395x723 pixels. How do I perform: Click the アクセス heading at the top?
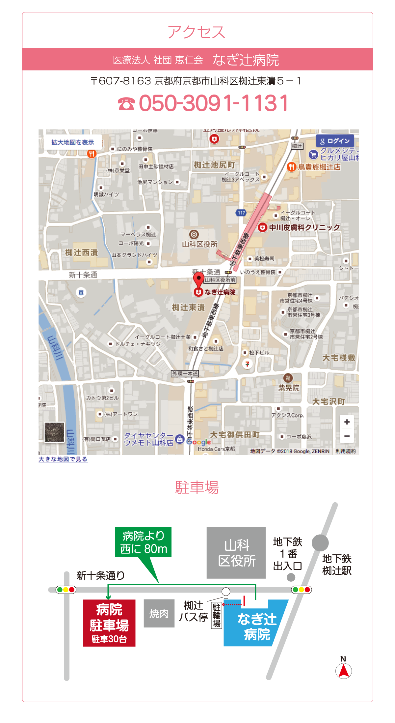(x=197, y=32)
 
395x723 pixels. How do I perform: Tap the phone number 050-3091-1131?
(x=203, y=103)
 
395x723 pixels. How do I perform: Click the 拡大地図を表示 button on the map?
(x=73, y=142)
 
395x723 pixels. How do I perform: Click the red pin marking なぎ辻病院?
(x=198, y=281)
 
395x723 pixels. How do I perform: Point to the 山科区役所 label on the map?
(x=199, y=244)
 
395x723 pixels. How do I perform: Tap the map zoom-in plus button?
(x=347, y=422)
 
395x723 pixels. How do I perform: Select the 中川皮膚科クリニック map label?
(x=304, y=227)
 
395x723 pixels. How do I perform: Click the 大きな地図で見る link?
(x=63, y=459)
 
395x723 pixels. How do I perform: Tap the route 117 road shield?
(x=241, y=213)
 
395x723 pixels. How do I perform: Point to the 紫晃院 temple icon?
(x=288, y=378)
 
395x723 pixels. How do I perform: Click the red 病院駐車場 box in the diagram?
(x=109, y=623)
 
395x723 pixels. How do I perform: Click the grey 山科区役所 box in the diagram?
(x=236, y=553)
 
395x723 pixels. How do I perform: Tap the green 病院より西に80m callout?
(x=143, y=542)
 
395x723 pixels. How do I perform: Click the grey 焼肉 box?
(x=159, y=613)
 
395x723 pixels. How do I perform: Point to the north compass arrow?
(x=344, y=671)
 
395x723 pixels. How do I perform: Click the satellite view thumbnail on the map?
(x=54, y=432)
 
